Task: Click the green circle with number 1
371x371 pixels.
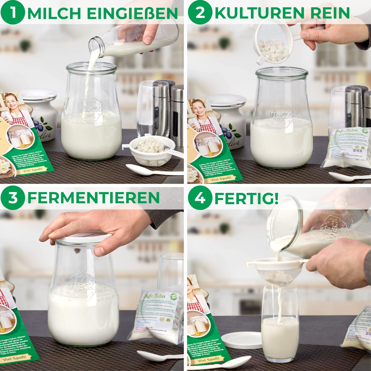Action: coord(13,12)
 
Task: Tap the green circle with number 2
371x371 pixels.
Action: coord(200,12)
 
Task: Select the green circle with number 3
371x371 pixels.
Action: coord(13,197)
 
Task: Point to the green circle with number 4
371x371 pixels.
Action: coord(200,197)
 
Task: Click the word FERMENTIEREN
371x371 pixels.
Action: coord(93,198)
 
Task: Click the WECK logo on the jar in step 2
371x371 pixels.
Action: coord(280,116)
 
